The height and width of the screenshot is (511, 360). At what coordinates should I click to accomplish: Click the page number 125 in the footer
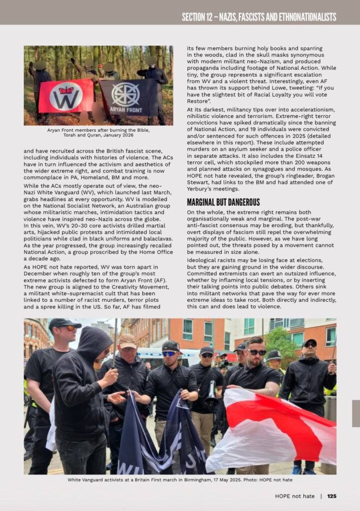click(x=332, y=496)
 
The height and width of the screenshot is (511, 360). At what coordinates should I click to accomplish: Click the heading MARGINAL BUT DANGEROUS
click(x=223, y=202)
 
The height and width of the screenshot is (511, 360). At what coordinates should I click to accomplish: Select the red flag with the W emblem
click(x=66, y=96)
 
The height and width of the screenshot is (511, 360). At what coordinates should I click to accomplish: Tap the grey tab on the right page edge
click(x=356, y=413)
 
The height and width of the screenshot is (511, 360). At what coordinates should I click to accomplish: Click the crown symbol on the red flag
click(x=66, y=90)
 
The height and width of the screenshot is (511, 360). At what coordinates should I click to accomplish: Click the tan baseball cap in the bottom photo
click(x=128, y=340)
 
